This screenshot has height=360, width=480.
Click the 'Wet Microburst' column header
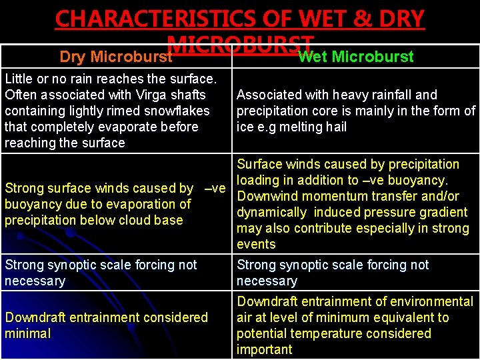[355, 57]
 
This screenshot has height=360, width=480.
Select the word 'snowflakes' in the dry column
[177, 111]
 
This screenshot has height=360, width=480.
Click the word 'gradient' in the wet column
[443, 212]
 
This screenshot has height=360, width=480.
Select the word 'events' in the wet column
[256, 244]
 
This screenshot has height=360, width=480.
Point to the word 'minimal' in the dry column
[27, 333]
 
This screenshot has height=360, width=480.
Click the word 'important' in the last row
[264, 349]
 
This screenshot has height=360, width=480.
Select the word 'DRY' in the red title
[398, 19]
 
